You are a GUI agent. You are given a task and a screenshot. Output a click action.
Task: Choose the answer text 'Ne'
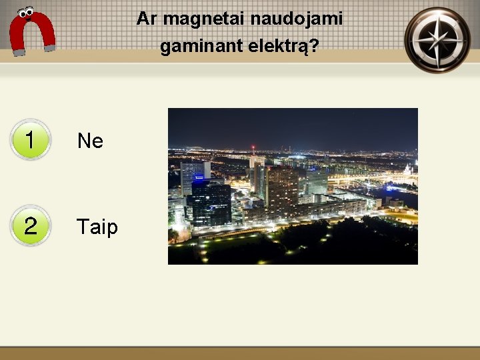pos(90,141)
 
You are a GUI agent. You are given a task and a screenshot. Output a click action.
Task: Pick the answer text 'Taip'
pos(97,227)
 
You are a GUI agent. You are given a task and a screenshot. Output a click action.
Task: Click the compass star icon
pos(437,39)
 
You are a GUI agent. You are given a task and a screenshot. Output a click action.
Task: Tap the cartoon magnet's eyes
pos(27,12)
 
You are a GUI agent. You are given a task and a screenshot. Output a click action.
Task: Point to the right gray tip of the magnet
pos(49,47)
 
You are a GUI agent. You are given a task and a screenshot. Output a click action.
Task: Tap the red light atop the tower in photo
pos(253,147)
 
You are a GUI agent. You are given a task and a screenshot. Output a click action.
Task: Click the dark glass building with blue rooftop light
pos(208,201)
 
